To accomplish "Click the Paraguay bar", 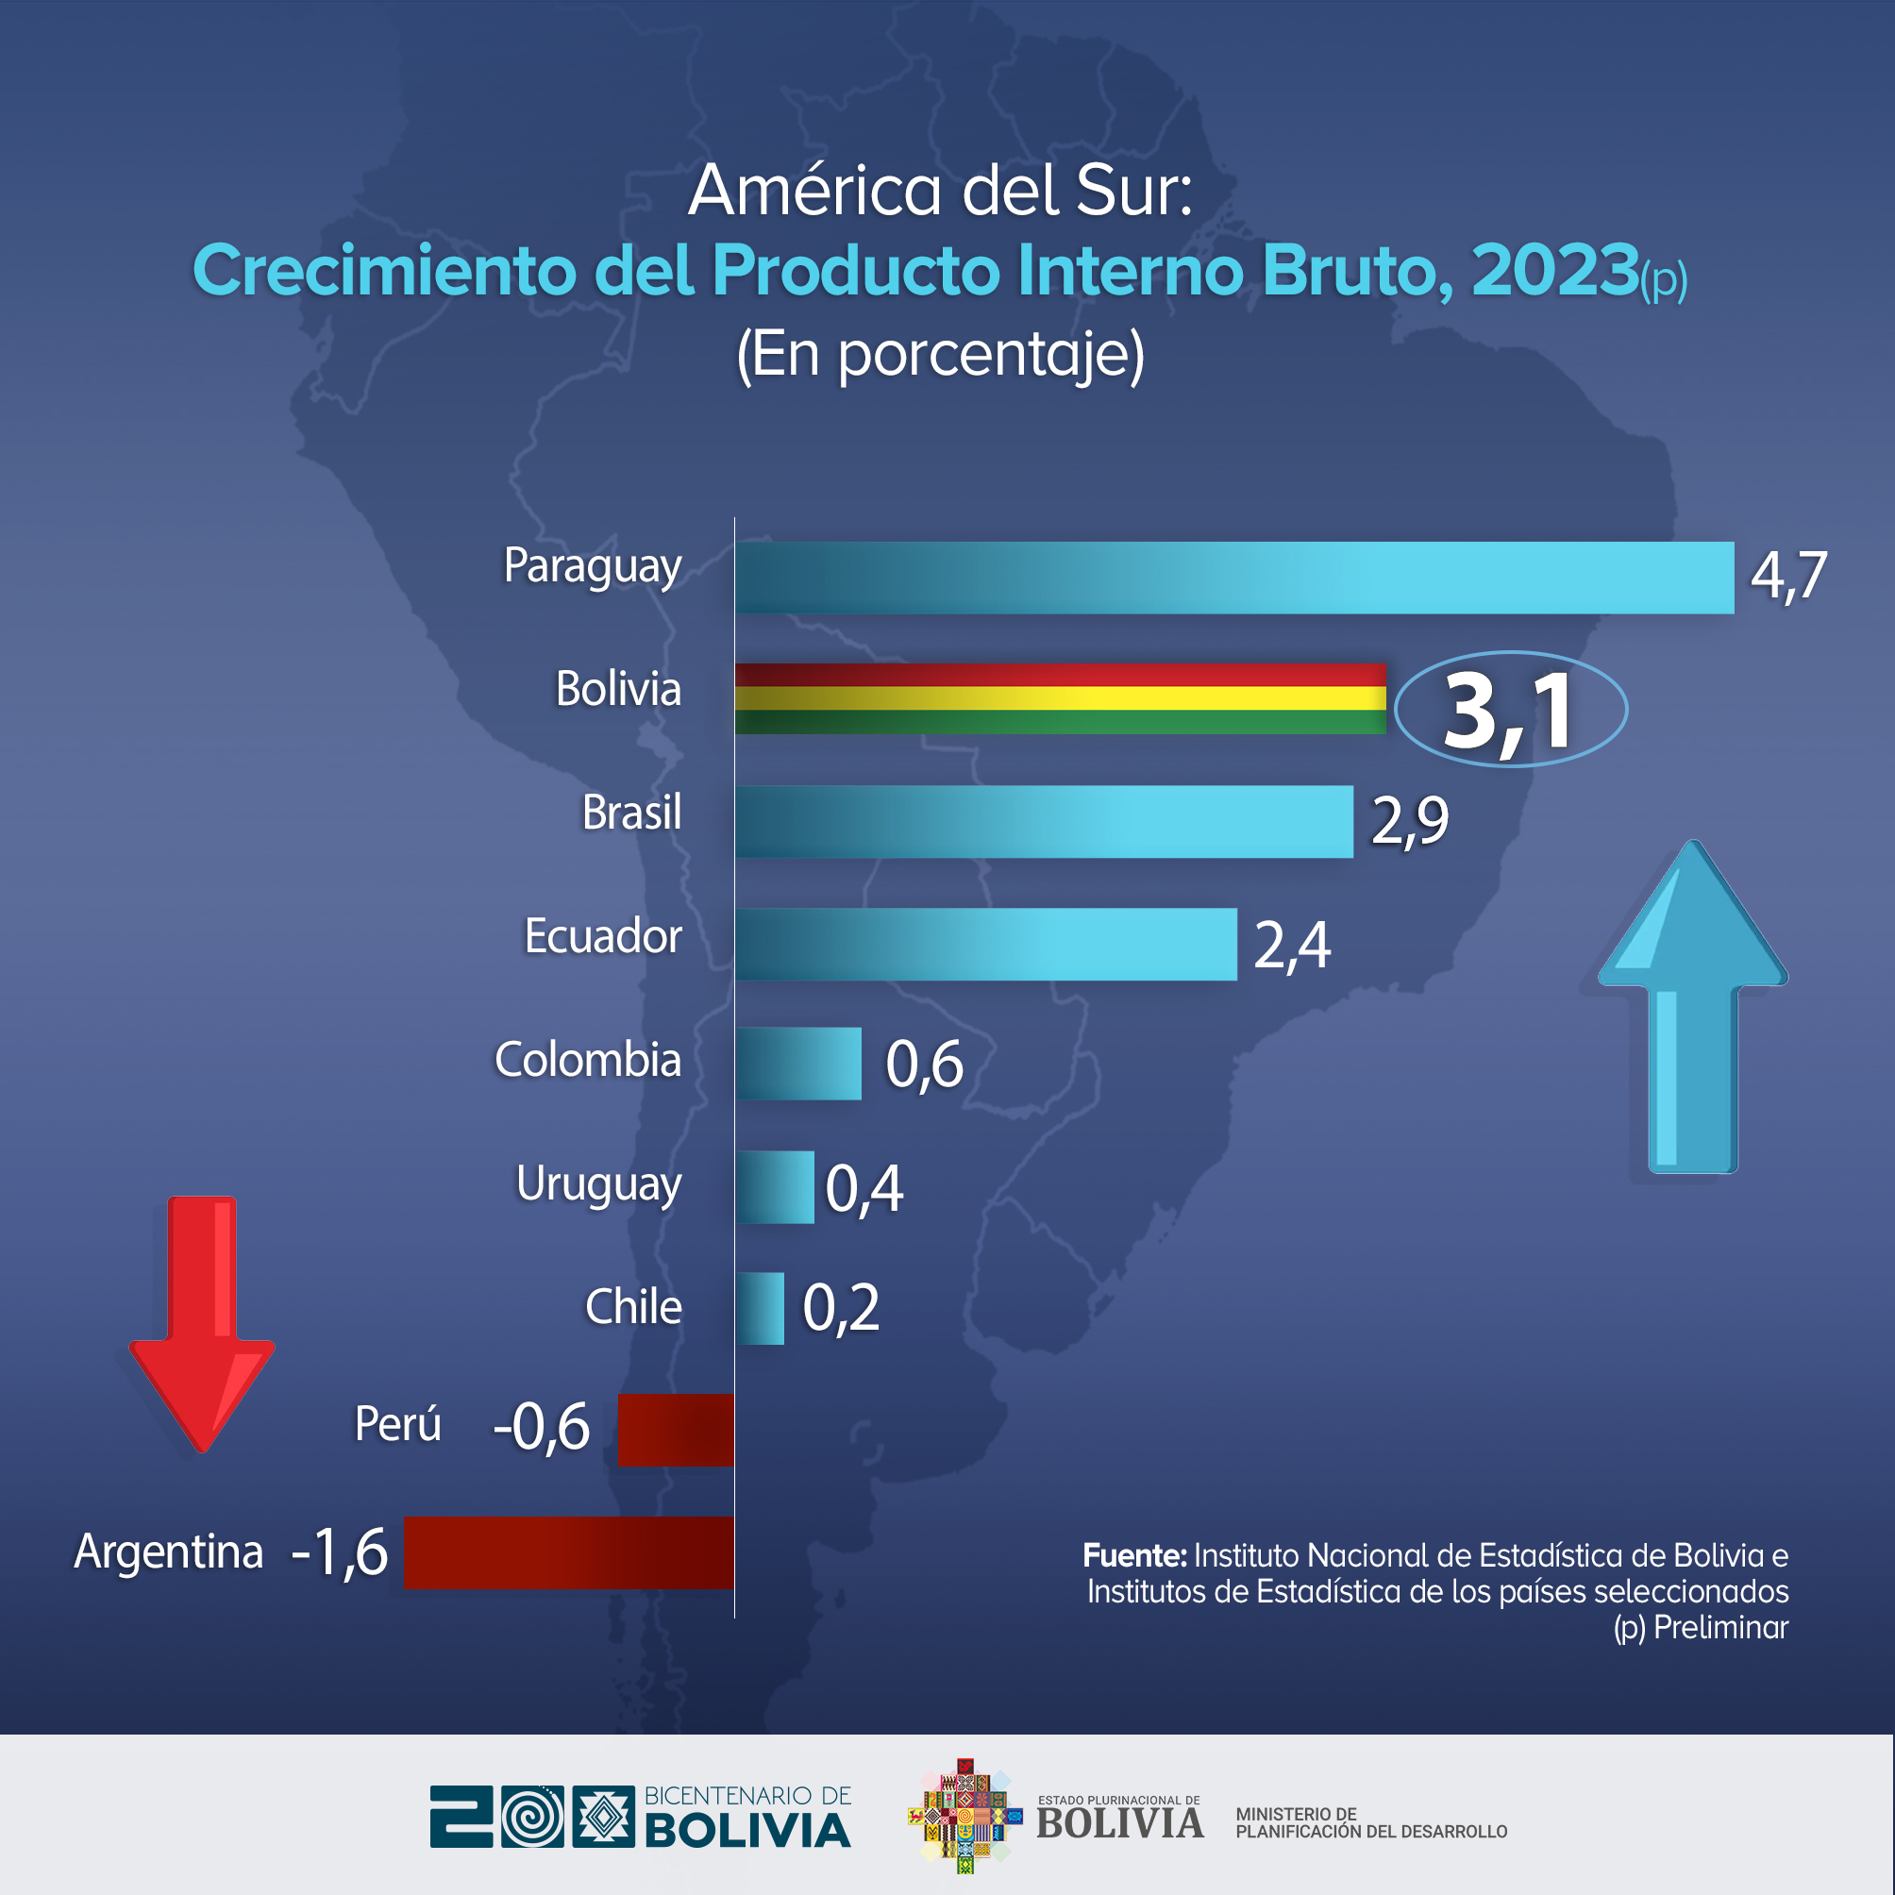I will click(x=1233, y=578).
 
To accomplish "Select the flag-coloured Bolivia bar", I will click(x=1061, y=698).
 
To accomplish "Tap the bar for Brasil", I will click(x=1044, y=822).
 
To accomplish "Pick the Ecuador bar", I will click(x=986, y=944).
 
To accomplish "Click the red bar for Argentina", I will click(x=569, y=1551).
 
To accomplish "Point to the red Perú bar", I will click(x=676, y=1430).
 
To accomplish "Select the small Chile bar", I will click(x=760, y=1308).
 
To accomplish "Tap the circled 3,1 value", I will click(x=1510, y=710).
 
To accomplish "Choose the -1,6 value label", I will click(x=340, y=1552).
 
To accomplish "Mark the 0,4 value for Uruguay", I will click(x=864, y=1189).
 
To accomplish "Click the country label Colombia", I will click(x=588, y=1061).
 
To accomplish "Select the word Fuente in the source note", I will click(x=1133, y=1555).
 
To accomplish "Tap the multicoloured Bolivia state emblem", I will click(x=965, y=1816).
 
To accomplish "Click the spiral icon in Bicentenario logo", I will click(x=532, y=1818).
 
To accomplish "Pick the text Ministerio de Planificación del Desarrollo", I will click(x=1370, y=1823).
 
